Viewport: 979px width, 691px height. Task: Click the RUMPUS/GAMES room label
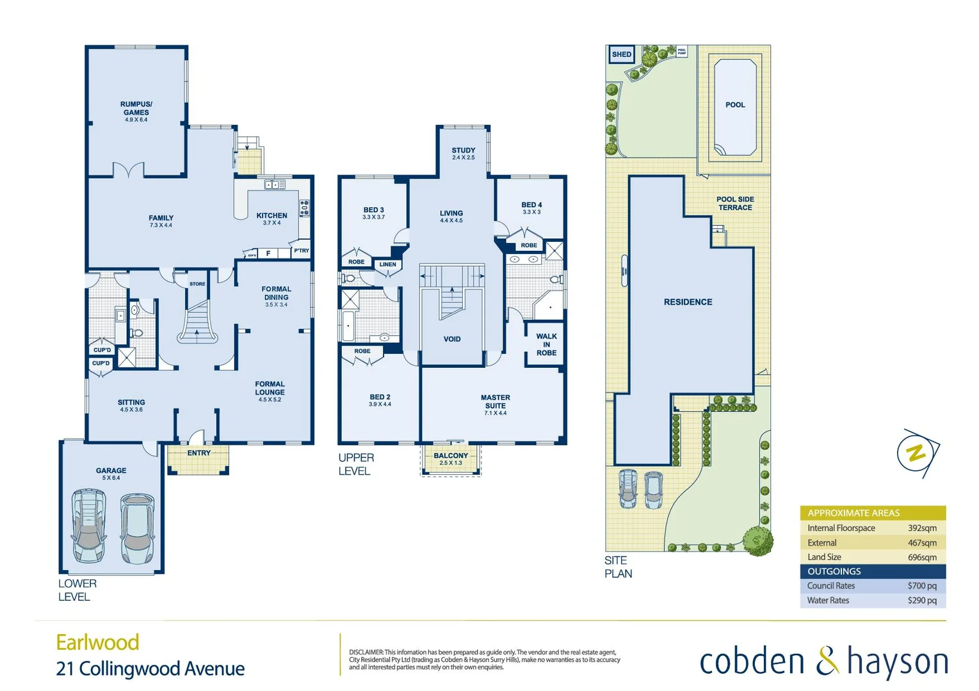(x=136, y=108)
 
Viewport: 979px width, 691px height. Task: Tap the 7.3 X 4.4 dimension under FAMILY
(x=161, y=225)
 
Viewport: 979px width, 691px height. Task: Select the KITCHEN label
(x=271, y=216)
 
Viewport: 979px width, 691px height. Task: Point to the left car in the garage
(x=88, y=525)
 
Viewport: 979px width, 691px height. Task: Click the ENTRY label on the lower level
(x=198, y=453)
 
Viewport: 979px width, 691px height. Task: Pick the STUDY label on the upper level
(x=463, y=150)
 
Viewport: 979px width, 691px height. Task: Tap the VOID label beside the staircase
(x=452, y=339)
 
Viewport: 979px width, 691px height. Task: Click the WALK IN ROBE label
(x=546, y=344)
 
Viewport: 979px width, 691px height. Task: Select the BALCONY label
(x=451, y=456)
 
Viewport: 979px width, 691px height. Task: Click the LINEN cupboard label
(x=387, y=264)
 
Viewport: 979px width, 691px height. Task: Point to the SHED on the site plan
(x=621, y=54)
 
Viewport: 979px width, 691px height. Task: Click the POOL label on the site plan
(x=735, y=105)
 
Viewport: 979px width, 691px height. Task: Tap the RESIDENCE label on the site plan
(x=688, y=302)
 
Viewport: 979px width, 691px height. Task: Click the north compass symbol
(x=917, y=454)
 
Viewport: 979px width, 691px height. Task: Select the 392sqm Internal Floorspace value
(x=921, y=528)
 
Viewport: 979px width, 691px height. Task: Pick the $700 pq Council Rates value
(x=921, y=586)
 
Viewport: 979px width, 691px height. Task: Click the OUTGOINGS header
(x=834, y=571)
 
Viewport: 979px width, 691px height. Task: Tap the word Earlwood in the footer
(x=97, y=642)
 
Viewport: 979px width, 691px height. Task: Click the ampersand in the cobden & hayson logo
(x=827, y=661)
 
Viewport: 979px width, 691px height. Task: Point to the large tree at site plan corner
(x=758, y=541)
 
